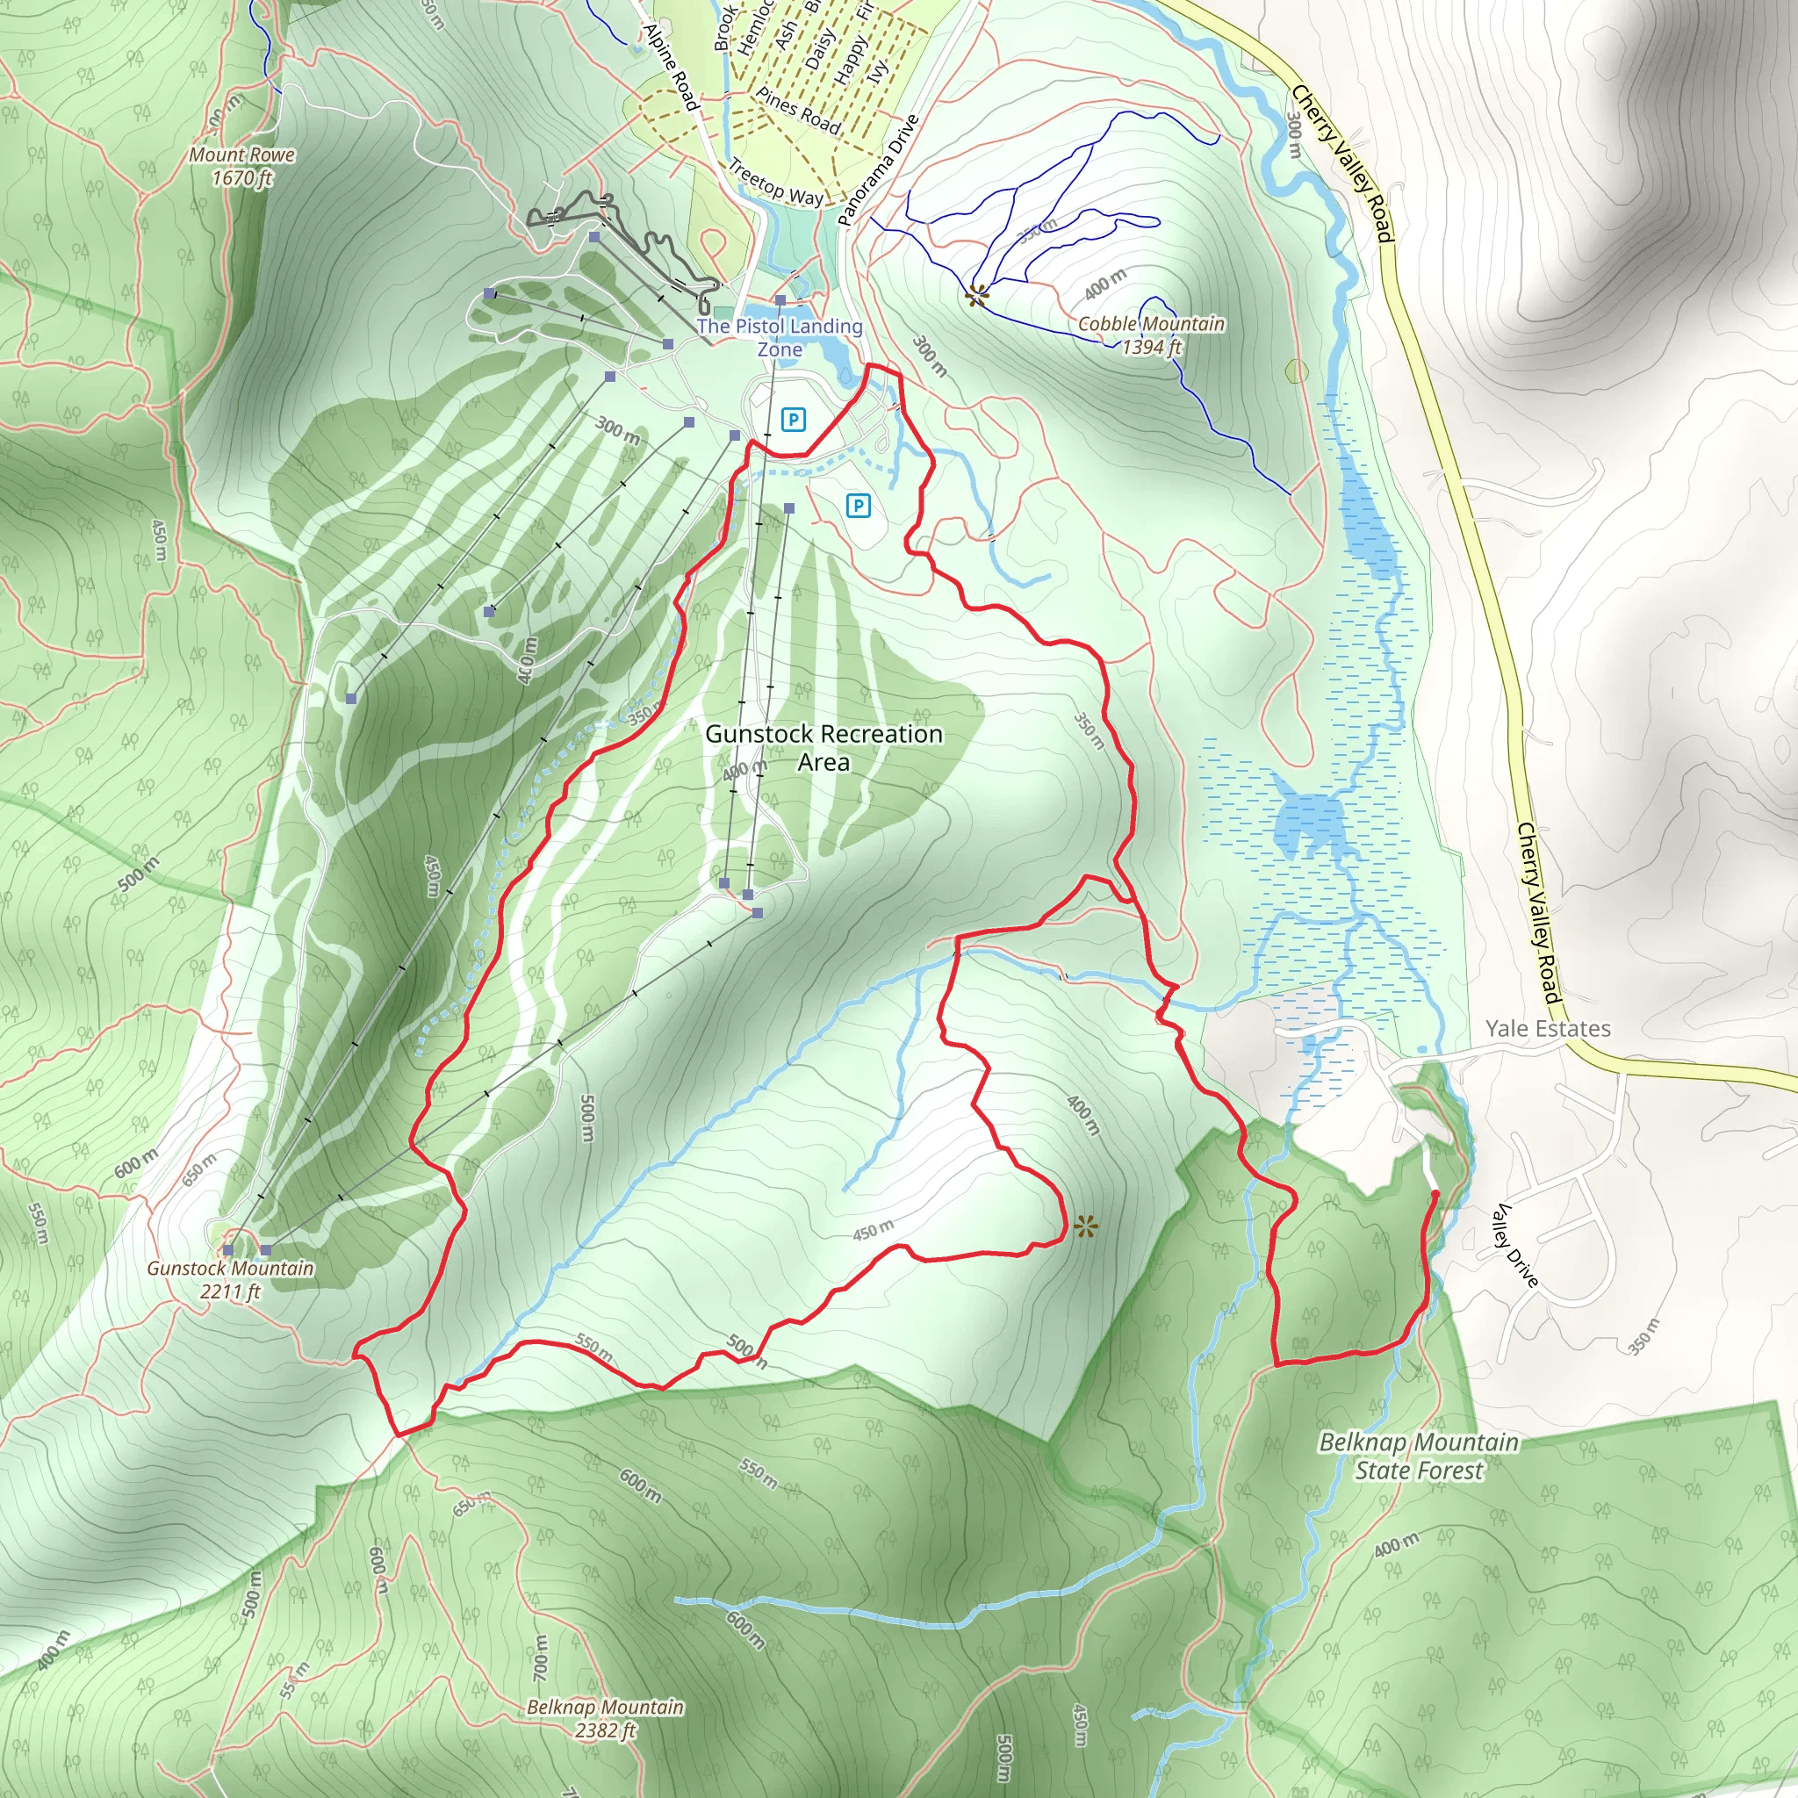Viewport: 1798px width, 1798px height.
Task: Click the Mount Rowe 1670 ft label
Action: click(242, 167)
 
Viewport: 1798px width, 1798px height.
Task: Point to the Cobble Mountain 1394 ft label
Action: click(1151, 335)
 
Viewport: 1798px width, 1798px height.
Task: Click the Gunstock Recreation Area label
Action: click(823, 748)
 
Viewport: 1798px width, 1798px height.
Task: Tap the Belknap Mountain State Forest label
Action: click(1419, 1456)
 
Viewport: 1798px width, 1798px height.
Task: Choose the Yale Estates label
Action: click(1548, 1028)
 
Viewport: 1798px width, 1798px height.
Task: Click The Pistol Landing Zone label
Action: click(780, 337)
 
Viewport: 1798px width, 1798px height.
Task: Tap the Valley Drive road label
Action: click(1515, 1245)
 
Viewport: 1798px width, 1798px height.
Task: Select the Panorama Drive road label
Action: click(878, 170)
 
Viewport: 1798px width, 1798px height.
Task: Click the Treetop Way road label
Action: click(775, 183)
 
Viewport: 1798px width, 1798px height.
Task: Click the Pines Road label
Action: click(797, 111)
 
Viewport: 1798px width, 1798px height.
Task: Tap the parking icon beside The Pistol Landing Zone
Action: click(793, 420)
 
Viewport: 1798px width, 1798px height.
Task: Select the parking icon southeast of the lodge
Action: click(858, 506)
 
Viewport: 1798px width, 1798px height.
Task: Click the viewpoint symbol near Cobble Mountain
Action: click(975, 296)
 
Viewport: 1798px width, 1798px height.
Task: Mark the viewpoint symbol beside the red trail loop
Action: click(1084, 1226)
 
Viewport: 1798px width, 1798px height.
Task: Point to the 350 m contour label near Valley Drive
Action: click(1643, 1337)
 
